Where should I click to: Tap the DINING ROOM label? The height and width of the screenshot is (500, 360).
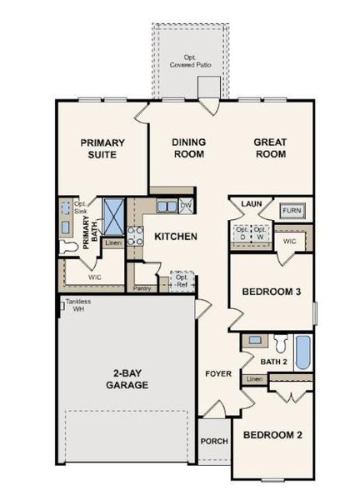[189, 148]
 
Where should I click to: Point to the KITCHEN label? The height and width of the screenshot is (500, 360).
[175, 237]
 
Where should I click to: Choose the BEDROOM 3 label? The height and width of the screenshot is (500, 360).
[271, 292]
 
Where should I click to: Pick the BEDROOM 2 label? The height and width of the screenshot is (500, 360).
[271, 435]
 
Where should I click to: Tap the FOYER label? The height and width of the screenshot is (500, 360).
[218, 373]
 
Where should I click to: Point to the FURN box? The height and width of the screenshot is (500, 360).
[291, 211]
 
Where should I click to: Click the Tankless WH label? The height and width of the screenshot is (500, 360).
[78, 305]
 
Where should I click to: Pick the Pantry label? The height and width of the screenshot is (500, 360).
[142, 288]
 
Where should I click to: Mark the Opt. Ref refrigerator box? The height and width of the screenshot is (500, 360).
[180, 281]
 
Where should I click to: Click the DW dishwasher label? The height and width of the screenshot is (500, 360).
[186, 205]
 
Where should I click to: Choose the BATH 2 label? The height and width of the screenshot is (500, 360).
[272, 362]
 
